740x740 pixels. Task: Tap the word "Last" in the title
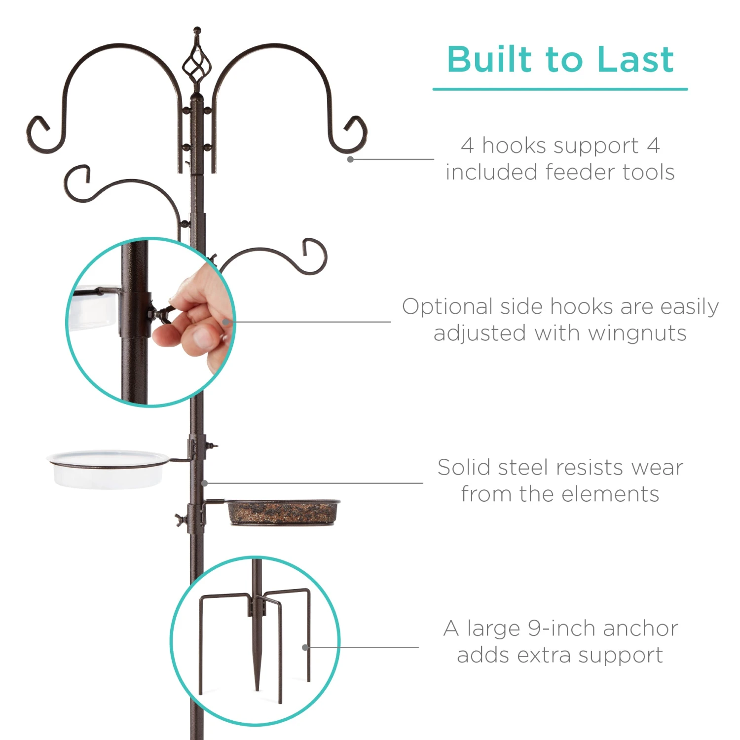coord(635,60)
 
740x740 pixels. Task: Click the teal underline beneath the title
coord(560,89)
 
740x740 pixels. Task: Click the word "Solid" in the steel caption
coord(464,467)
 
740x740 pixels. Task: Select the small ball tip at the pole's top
coord(197,30)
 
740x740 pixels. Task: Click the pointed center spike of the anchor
coord(257,671)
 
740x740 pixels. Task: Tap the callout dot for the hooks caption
coord(350,159)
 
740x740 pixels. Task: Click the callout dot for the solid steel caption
coord(205,483)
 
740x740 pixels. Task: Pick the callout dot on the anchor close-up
coord(305,647)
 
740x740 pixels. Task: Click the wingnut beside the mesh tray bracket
coord(179,519)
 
